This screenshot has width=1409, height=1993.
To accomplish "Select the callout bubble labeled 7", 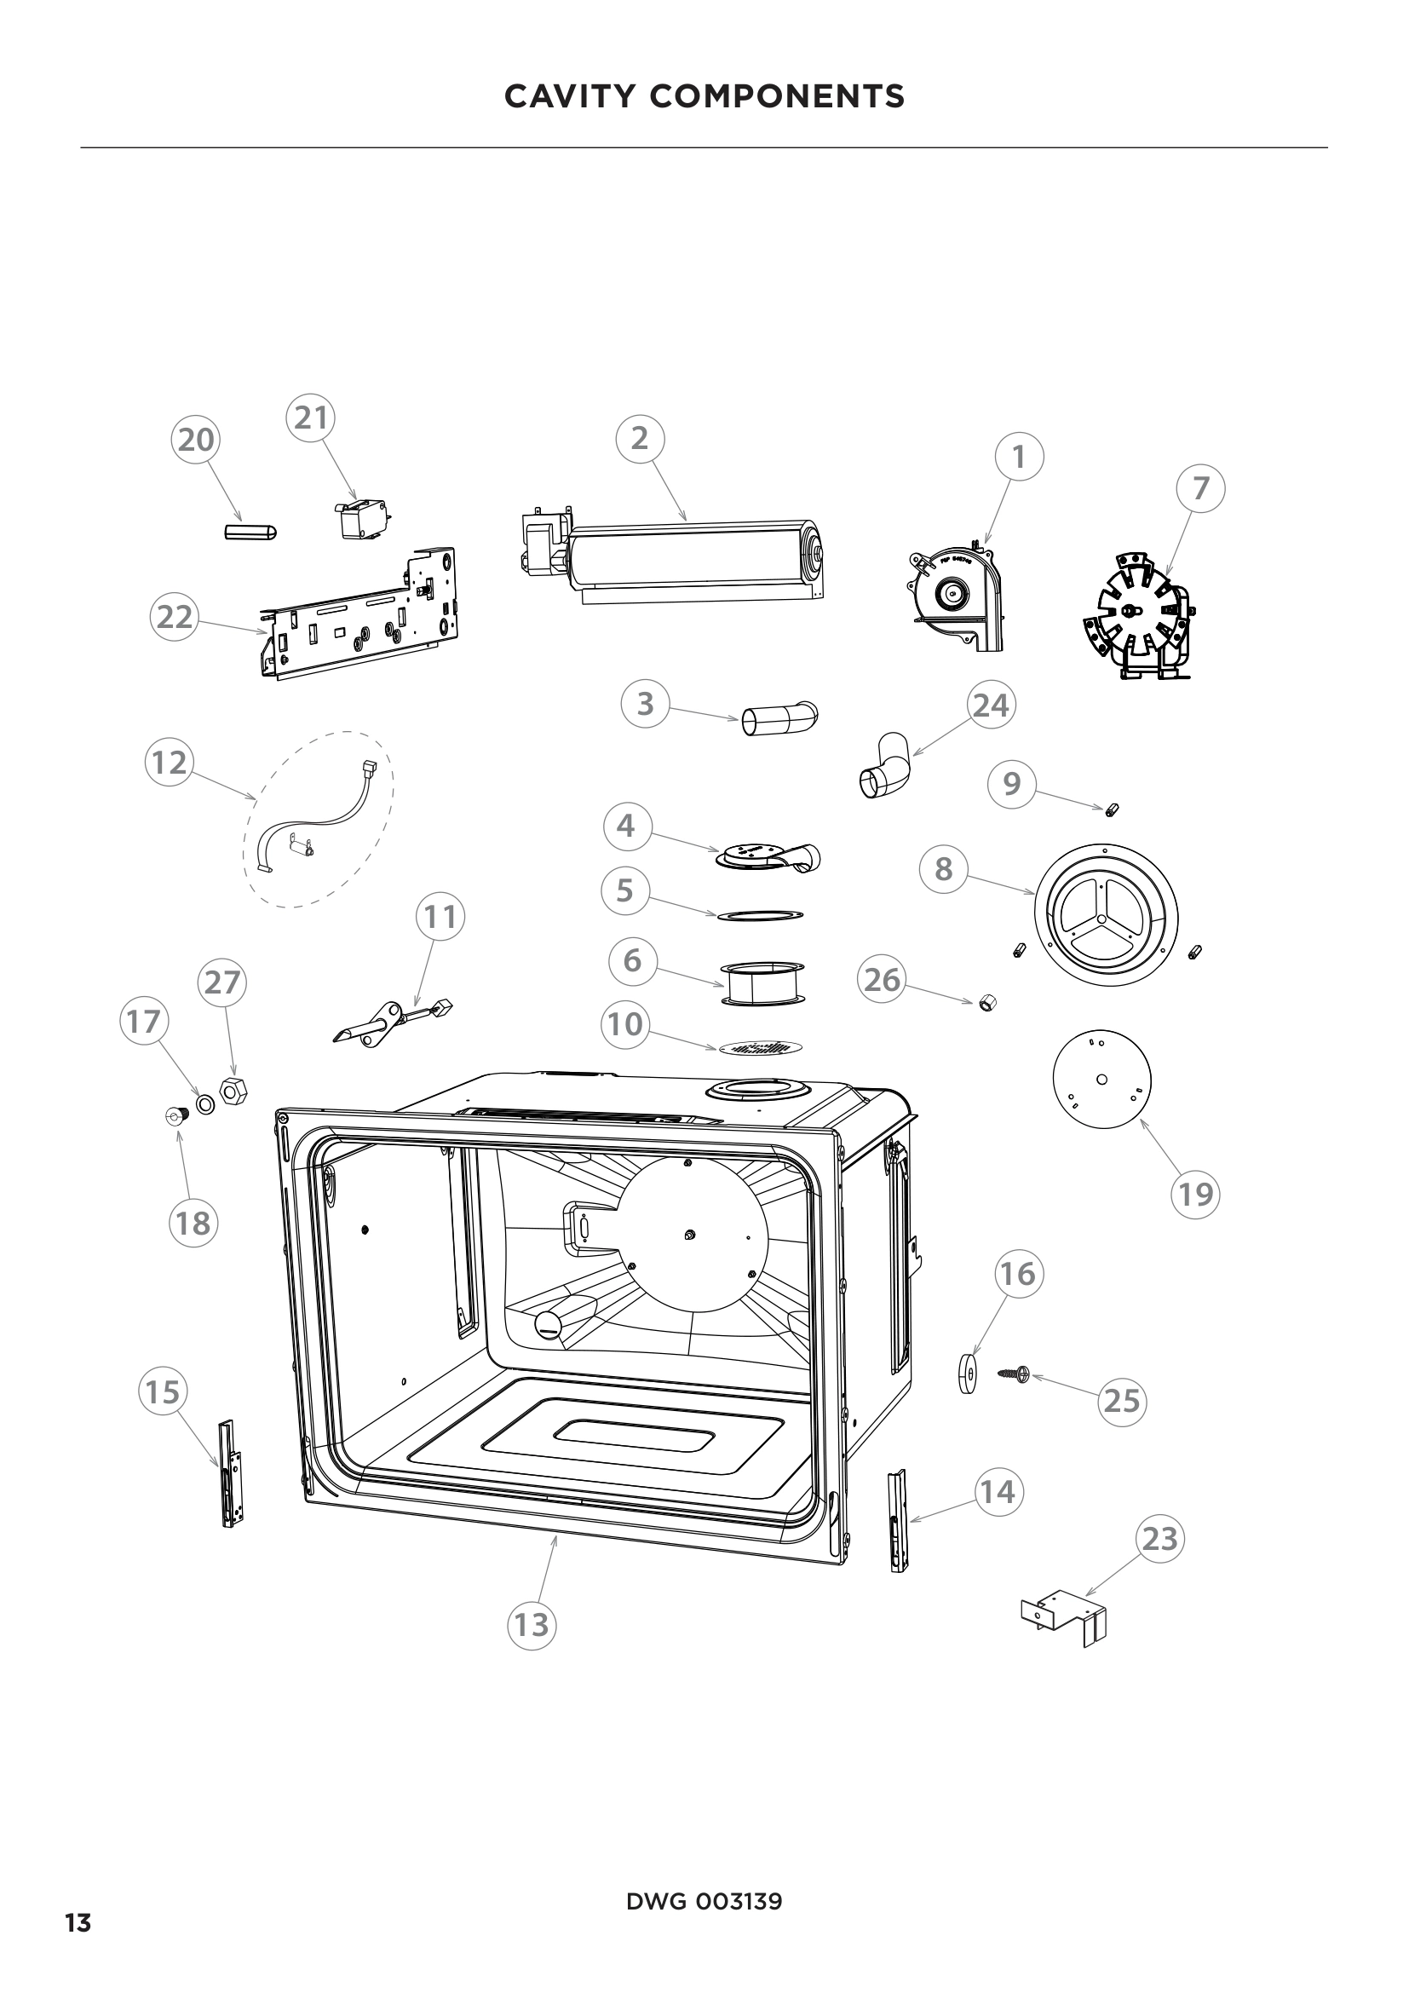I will click(x=1201, y=489).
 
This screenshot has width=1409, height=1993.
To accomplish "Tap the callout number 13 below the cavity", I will click(x=532, y=1625).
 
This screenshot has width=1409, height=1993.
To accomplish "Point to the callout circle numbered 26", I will click(x=883, y=980).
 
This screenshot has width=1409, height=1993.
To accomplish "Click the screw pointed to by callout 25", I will click(x=1013, y=1374).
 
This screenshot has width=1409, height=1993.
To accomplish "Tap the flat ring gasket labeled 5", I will click(x=760, y=915).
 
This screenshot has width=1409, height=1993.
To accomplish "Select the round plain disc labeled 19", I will click(x=1101, y=1079).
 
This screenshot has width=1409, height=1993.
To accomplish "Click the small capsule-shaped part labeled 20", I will click(x=250, y=531).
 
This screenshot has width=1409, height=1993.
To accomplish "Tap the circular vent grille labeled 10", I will click(x=760, y=1049).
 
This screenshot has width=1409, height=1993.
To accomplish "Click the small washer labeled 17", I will click(x=205, y=1105).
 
